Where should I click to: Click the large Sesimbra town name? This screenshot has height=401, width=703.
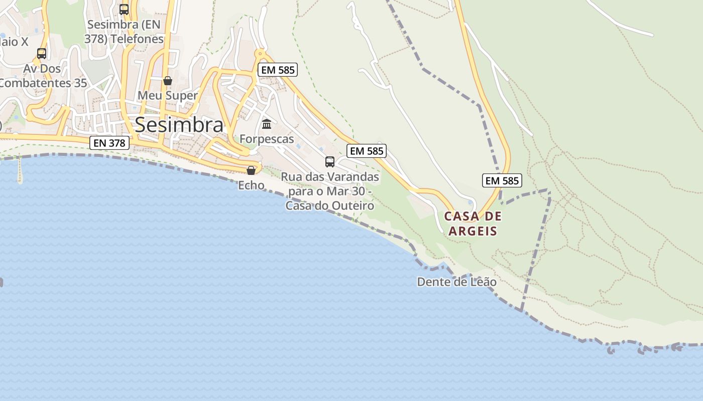179,125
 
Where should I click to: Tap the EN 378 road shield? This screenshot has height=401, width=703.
109,143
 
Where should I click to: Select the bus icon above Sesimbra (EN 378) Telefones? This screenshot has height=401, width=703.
124,9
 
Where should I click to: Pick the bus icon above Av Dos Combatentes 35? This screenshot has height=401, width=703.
42,53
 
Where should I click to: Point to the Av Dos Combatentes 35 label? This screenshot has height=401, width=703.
43,76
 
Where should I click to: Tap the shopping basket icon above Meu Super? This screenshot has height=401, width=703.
168,80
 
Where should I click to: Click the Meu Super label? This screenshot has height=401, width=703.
168,95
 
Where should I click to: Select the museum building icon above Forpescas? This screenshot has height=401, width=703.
267,123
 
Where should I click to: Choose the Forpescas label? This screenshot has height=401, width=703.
267,139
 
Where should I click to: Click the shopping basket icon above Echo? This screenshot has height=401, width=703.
251,170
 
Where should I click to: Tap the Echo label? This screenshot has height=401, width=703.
251,185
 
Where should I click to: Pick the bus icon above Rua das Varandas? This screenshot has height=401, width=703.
330,161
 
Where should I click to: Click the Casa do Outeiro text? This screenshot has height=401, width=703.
330,206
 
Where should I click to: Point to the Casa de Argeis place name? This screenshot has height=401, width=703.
473,224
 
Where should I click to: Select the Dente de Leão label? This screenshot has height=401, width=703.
457,282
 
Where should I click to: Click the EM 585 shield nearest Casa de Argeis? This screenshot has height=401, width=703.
502,180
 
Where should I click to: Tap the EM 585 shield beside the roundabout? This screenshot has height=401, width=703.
278,70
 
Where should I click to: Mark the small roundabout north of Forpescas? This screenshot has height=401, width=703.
260,53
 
